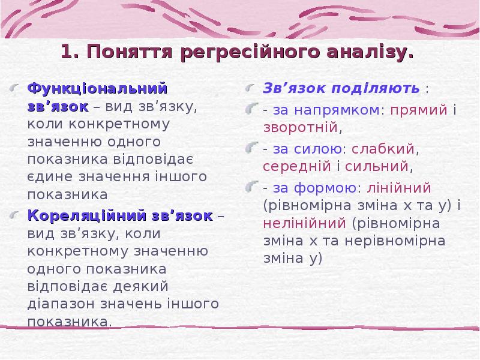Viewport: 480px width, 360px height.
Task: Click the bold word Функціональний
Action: [97, 89]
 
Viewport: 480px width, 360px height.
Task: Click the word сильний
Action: [379, 165]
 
